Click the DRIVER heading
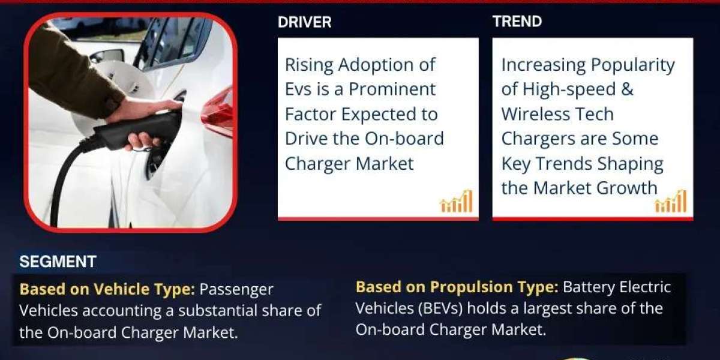pyautogui.click(x=304, y=22)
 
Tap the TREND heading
pyautogui.click(x=517, y=22)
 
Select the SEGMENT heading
pyautogui.click(x=58, y=262)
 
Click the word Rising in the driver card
pyautogui.click(x=309, y=65)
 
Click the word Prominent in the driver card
pyautogui.click(x=392, y=89)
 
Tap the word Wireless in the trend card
pyautogui.click(x=534, y=114)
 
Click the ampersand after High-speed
pyautogui.click(x=627, y=89)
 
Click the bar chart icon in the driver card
pyautogui.click(x=457, y=201)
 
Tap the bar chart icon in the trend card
pyautogui.click(x=671, y=201)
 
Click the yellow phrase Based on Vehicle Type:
pyautogui.click(x=107, y=289)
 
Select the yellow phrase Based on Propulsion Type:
pyautogui.click(x=457, y=287)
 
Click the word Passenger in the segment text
pyautogui.click(x=236, y=290)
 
